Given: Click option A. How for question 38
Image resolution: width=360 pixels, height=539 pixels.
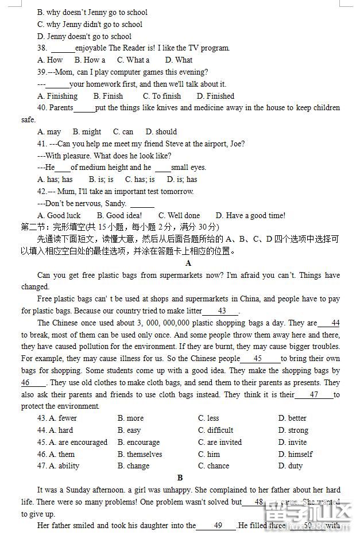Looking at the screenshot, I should [x=50, y=60].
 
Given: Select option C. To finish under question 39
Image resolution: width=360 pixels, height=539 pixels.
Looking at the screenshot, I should [x=162, y=96].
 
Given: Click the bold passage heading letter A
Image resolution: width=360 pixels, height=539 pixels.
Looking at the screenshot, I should [x=188, y=263].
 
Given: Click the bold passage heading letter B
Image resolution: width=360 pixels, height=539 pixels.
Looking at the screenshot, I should [x=180, y=478].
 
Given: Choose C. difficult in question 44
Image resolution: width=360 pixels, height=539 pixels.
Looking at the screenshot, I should [x=215, y=431].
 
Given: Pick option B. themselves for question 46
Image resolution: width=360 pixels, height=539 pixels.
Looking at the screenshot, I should [x=140, y=455].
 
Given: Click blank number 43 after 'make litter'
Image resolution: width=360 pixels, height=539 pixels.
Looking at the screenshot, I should [x=222, y=311].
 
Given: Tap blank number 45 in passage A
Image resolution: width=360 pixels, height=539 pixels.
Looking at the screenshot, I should [x=258, y=359].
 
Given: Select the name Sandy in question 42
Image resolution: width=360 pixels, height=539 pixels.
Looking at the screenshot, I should [x=115, y=204].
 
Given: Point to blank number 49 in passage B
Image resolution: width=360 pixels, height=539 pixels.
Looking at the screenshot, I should [x=218, y=526].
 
